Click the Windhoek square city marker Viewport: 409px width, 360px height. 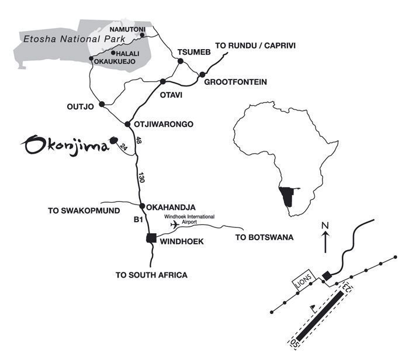pyautogui.click(x=151, y=238)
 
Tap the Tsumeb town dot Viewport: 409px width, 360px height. pyautogui.click(x=181, y=61)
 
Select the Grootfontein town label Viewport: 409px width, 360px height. pyautogui.click(x=235, y=82)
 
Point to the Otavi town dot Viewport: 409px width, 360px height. pyautogui.click(x=163, y=81)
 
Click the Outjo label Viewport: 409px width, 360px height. pyautogui.click(x=81, y=107)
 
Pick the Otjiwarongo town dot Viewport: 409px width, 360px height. pyautogui.click(x=128, y=124)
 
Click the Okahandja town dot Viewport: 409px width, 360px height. pyautogui.click(x=142, y=206)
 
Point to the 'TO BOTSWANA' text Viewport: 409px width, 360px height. pyautogui.click(x=264, y=237)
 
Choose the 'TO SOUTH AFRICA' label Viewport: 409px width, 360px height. pyautogui.click(x=152, y=274)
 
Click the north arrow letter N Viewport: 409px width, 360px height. pyautogui.click(x=327, y=226)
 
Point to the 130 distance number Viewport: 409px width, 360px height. pyautogui.click(x=140, y=177)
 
